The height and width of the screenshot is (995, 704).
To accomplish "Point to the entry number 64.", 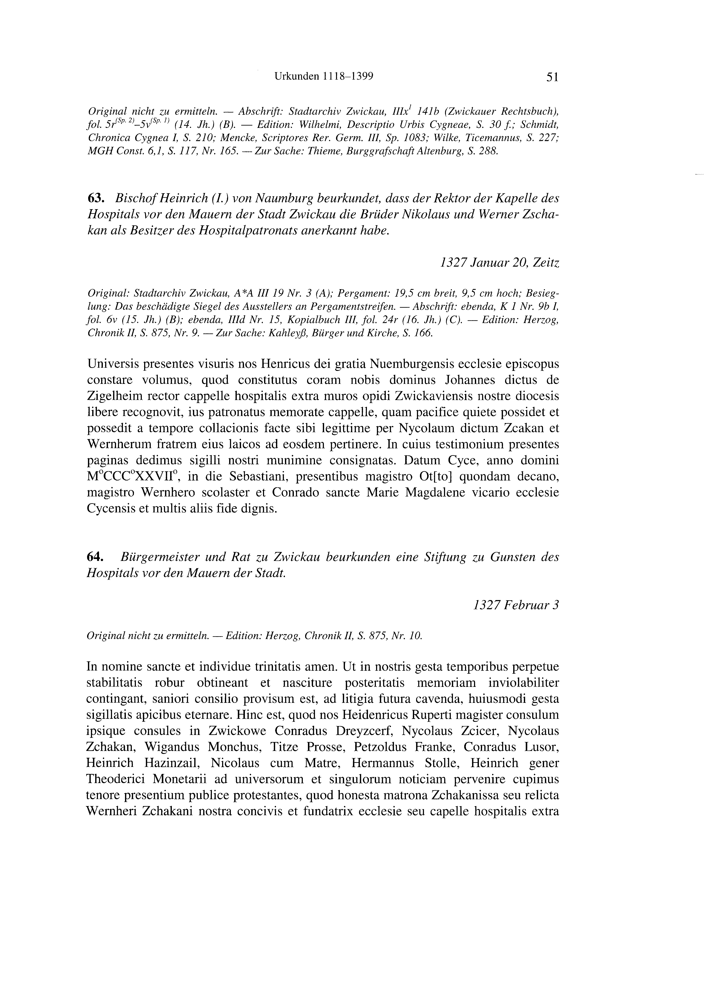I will tap(95, 557).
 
